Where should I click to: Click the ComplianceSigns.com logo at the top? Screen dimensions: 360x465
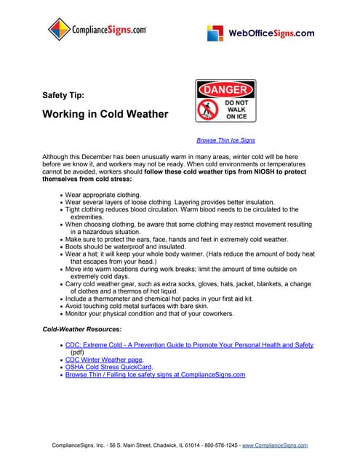coord(97,31)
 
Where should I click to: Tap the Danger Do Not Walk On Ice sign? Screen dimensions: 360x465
coord(225,101)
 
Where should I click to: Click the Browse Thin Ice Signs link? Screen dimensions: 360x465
coord(225,140)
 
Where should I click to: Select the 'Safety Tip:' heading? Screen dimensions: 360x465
coord(63,95)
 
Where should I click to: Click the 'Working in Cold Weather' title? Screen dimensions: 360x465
coord(105,114)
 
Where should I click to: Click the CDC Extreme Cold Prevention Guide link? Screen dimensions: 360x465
coord(189,345)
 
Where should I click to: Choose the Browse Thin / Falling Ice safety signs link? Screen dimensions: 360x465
coord(155,375)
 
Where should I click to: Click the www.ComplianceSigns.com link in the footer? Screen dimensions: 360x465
coord(279,445)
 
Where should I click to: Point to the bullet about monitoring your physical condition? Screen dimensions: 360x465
coord(149,314)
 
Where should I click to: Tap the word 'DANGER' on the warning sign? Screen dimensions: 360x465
coord(225,90)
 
